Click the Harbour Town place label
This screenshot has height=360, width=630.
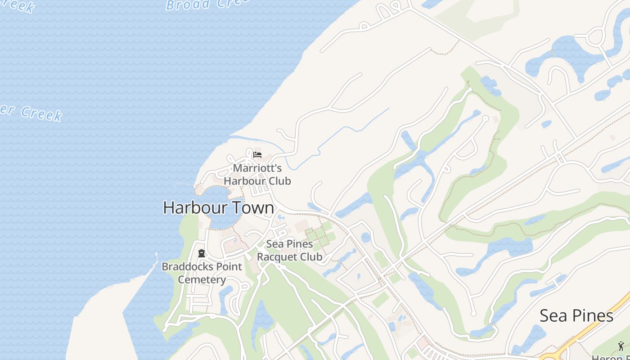tap(218, 208)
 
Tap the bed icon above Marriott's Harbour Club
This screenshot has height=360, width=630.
tap(257, 155)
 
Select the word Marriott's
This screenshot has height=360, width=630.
tap(257, 168)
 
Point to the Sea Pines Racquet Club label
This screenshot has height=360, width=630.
tap(289, 251)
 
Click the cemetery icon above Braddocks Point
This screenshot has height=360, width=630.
tap(201, 254)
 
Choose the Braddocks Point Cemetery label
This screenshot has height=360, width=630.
tap(202, 273)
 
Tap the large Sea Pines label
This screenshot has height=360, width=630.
tap(576, 315)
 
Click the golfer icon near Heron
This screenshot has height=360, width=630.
tap(621, 346)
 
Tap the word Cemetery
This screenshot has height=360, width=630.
tap(202, 279)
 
